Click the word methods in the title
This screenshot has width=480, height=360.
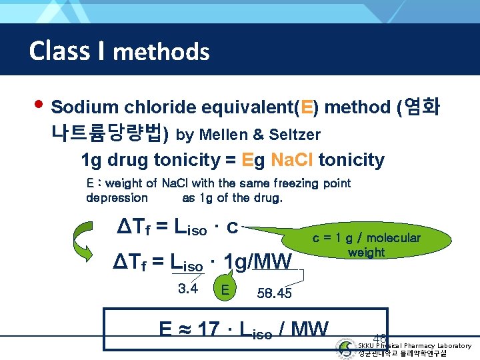coord(161,51)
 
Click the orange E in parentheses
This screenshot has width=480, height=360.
coord(307,107)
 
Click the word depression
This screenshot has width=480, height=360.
coord(117,197)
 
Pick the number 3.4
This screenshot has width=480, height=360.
coord(188,289)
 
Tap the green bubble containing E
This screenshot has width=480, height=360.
coord(225,289)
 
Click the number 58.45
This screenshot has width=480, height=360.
coord(274,293)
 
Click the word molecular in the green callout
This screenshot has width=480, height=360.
coord(393,238)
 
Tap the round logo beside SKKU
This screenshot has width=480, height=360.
coord(346,349)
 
